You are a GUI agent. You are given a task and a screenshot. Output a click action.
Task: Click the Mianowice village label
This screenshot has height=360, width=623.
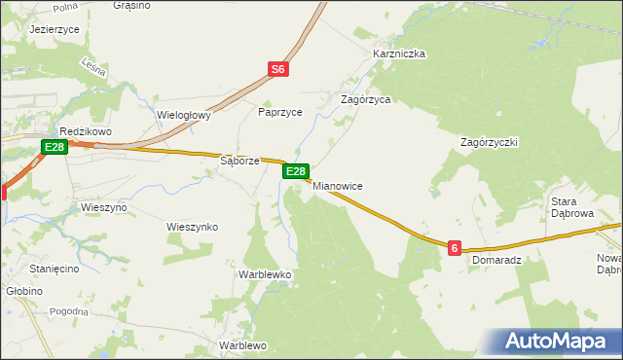coord(337,185)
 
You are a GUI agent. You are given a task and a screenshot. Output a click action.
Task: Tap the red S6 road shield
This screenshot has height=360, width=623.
coord(278,69)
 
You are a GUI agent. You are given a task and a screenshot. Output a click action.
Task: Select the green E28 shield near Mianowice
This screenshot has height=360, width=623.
coord(297,171)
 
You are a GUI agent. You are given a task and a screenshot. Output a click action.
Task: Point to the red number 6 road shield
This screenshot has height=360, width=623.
coord(455,249)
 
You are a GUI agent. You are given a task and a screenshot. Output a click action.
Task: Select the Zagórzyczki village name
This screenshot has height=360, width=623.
coord(489,141)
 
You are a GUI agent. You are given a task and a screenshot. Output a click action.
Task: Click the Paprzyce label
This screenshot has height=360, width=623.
coord(280,112)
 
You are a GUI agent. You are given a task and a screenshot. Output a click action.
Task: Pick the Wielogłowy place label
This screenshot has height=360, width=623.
coord(184,115)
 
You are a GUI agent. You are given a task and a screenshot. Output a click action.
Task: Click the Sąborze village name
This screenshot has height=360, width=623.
coord(239,161)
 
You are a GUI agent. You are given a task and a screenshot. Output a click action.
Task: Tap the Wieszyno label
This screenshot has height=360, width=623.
coord(104,207)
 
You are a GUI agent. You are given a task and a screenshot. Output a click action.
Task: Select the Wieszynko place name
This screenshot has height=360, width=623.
coord(192,227)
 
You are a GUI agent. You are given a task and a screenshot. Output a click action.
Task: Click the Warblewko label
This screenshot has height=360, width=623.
coord(266,274)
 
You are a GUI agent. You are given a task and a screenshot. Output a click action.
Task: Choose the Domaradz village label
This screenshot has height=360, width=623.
coord(497,261)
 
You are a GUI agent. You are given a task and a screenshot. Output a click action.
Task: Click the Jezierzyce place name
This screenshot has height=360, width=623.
coord(55,30)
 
